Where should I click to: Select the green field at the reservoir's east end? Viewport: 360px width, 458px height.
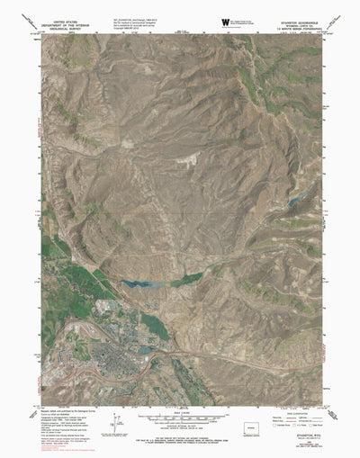[x=188, y=280]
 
